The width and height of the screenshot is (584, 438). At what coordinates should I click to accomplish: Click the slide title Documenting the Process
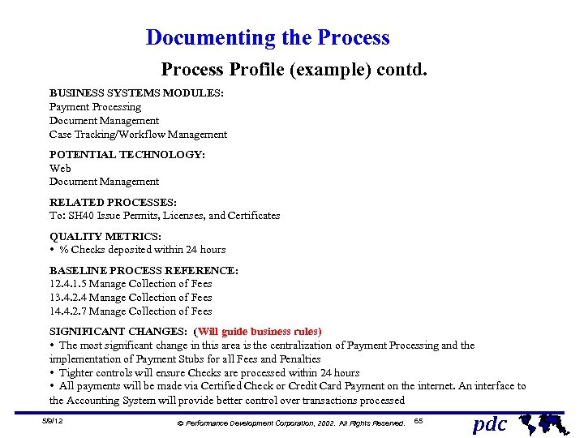pyautogui.click(x=268, y=38)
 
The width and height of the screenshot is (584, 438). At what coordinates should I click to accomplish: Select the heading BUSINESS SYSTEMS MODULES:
pyautogui.click(x=136, y=93)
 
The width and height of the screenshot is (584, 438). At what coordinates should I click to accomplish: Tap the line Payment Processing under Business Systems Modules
pyautogui.click(x=95, y=107)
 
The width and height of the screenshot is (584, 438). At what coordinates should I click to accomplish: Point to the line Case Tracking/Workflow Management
pyautogui.click(x=138, y=135)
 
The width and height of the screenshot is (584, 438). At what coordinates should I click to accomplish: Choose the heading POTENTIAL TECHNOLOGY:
pyautogui.click(x=127, y=154)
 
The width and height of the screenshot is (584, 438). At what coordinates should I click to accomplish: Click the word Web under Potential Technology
pyautogui.click(x=60, y=168)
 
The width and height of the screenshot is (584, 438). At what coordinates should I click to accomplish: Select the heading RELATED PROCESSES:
pyautogui.click(x=114, y=202)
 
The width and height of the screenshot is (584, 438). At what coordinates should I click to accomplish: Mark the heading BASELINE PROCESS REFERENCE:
pyautogui.click(x=144, y=270)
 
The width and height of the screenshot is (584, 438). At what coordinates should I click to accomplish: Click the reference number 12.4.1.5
pyautogui.click(x=68, y=284)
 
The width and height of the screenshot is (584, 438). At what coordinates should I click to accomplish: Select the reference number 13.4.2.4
pyautogui.click(x=68, y=298)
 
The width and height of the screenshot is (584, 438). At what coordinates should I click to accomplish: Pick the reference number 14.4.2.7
pyautogui.click(x=68, y=311)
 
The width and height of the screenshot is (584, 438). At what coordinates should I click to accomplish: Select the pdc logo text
pyautogui.click(x=490, y=423)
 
